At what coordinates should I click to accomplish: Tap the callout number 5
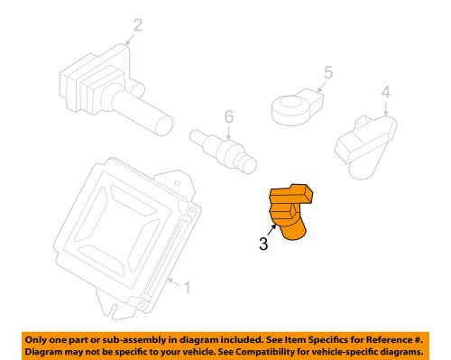pos(329,73)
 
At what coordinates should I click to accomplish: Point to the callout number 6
pos(229,116)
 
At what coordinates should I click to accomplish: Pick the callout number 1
pos(187,288)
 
